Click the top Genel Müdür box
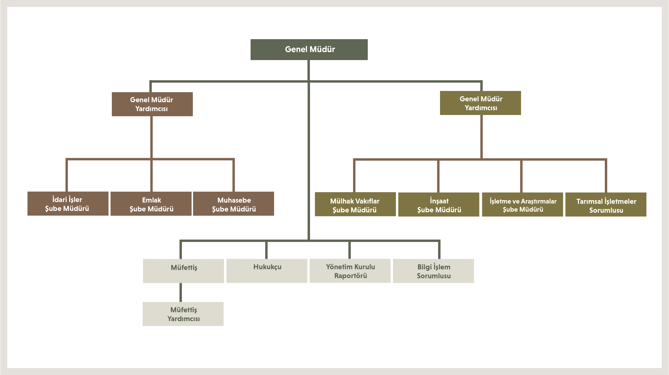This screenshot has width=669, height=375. pos(309,50)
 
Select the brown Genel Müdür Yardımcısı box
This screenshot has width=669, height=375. pos(152,104)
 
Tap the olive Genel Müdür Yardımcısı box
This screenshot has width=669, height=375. pos(480,103)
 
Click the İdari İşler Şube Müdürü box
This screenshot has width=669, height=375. pos(68,204)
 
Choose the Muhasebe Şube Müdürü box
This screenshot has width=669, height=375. pos(233,204)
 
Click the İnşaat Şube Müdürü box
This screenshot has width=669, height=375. pos(439,205)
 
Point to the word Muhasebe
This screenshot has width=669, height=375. pos(234,200)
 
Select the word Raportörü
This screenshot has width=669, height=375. pos(350,276)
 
